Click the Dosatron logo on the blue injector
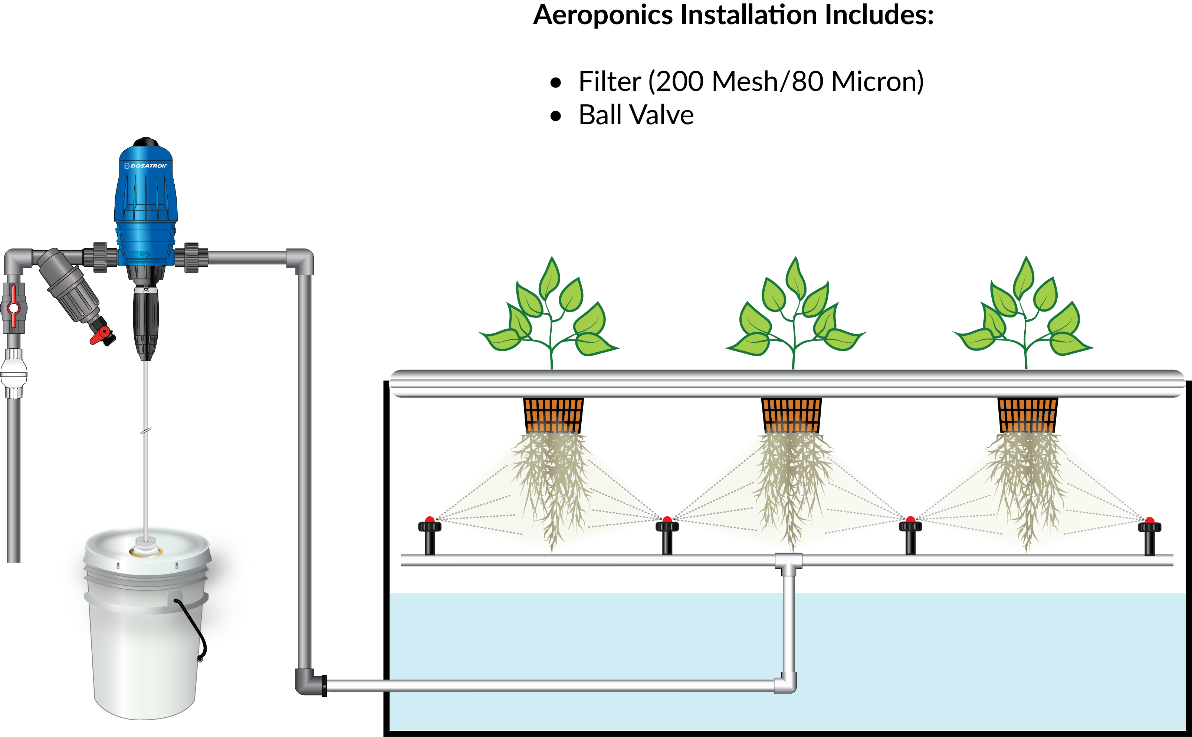[x=146, y=166]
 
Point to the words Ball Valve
[x=636, y=115]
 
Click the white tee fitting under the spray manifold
[x=788, y=562]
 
